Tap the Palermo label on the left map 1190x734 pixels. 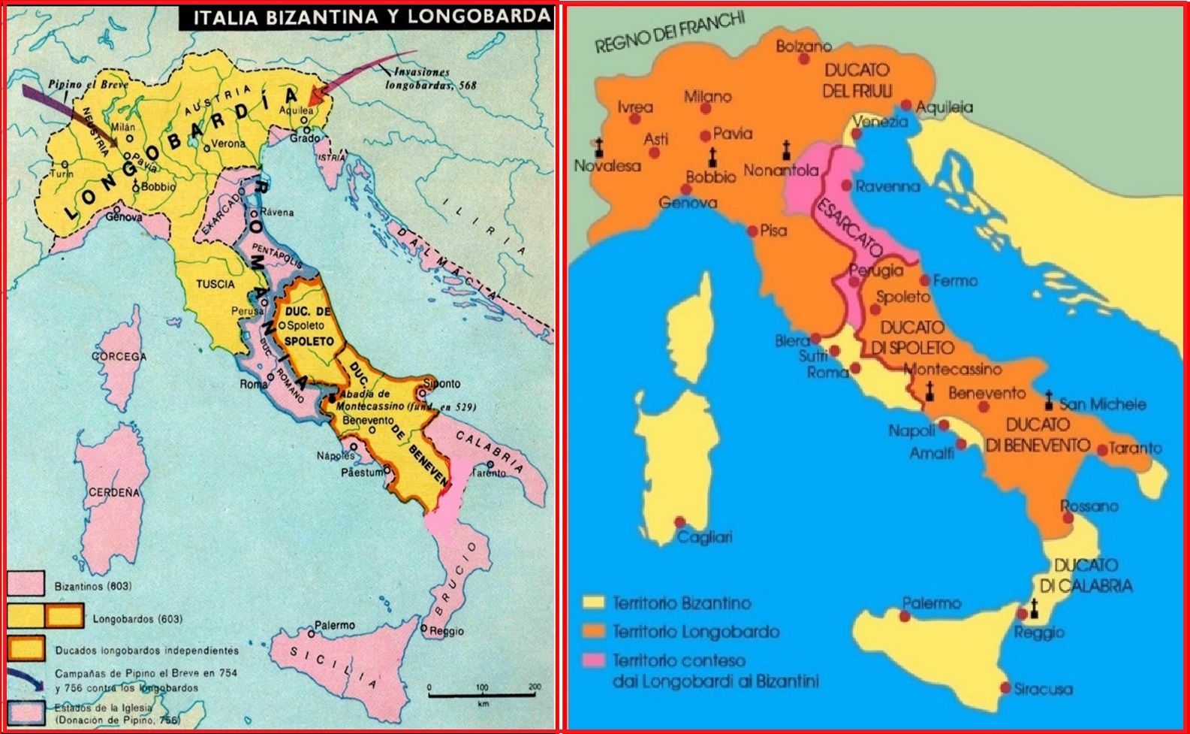[x=334, y=625]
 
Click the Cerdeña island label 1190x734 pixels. [x=114, y=493]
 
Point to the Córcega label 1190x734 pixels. [x=119, y=357]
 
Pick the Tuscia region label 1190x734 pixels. [x=215, y=284]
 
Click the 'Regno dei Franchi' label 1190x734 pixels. [x=670, y=35]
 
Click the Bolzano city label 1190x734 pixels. [x=803, y=47]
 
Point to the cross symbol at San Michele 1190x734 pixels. [x=1049, y=400]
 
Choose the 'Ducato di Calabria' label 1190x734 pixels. [x=1085, y=575]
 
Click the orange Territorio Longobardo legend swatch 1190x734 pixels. [x=595, y=632]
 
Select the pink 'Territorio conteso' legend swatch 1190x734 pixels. [x=595, y=661]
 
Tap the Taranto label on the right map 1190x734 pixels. [x=1134, y=449]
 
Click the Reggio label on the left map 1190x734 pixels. [x=447, y=631]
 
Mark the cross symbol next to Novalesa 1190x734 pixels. [x=598, y=147]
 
